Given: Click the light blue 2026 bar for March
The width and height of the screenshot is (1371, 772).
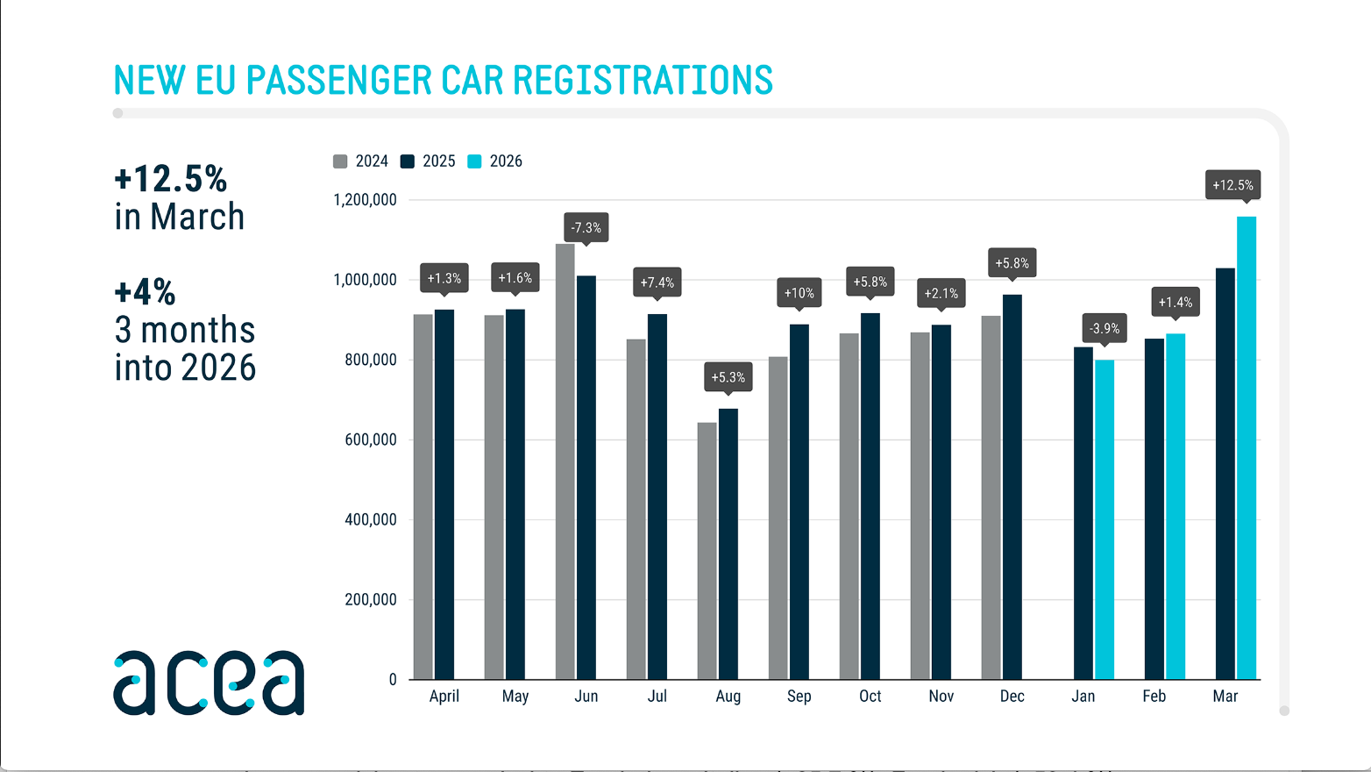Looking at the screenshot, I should click(x=1246, y=447).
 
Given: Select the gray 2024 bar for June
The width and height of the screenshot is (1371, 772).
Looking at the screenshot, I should click(x=565, y=461).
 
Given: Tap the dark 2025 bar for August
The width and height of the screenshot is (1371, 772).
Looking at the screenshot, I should click(x=728, y=544).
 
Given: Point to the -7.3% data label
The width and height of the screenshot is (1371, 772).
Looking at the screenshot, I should click(x=586, y=227).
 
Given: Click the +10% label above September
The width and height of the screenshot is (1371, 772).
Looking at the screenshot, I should click(x=799, y=292).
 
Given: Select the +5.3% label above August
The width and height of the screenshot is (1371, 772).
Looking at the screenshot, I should click(x=728, y=376).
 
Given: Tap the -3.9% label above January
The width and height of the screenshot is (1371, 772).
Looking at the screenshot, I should click(x=1104, y=328).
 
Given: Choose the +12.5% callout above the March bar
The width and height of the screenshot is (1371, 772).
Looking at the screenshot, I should click(x=1232, y=184).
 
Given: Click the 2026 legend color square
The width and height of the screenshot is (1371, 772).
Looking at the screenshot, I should click(x=474, y=161).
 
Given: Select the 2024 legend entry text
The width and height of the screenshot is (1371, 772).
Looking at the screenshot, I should click(x=372, y=161).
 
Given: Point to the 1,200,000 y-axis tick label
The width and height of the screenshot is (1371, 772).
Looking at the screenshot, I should click(x=365, y=200).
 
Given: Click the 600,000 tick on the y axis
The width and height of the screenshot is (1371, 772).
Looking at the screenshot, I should click(x=370, y=440).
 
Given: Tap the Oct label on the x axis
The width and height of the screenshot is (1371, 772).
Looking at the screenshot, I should click(x=870, y=696).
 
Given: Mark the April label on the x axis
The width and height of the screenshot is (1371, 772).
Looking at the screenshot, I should click(x=444, y=696).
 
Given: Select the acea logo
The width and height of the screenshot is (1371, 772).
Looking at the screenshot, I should click(x=209, y=683).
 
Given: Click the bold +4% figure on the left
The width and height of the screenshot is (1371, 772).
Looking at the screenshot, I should click(x=145, y=291).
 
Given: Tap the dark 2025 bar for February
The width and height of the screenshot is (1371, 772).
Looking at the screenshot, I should click(x=1154, y=509).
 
